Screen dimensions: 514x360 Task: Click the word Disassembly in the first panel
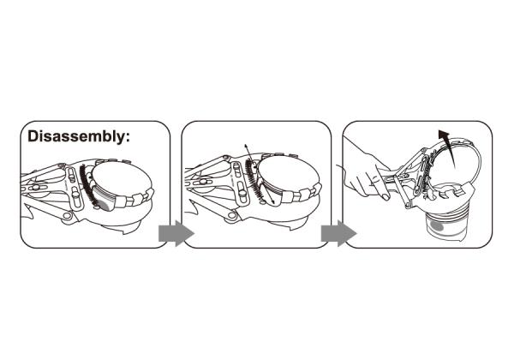[75, 136]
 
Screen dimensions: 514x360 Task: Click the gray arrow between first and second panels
[176, 233]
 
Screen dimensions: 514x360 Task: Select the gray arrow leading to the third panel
[338, 233]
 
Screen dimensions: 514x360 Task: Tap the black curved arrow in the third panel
[448, 147]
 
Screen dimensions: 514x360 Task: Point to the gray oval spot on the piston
[437, 226]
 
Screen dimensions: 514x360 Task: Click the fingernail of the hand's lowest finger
[385, 197]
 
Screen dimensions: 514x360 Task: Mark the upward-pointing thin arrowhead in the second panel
[246, 147]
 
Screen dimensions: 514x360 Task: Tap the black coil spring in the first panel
[88, 184]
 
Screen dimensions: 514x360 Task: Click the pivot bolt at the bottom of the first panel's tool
[68, 215]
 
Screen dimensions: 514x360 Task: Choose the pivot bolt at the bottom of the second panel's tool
[232, 215]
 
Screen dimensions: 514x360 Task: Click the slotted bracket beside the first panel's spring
[74, 187]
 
